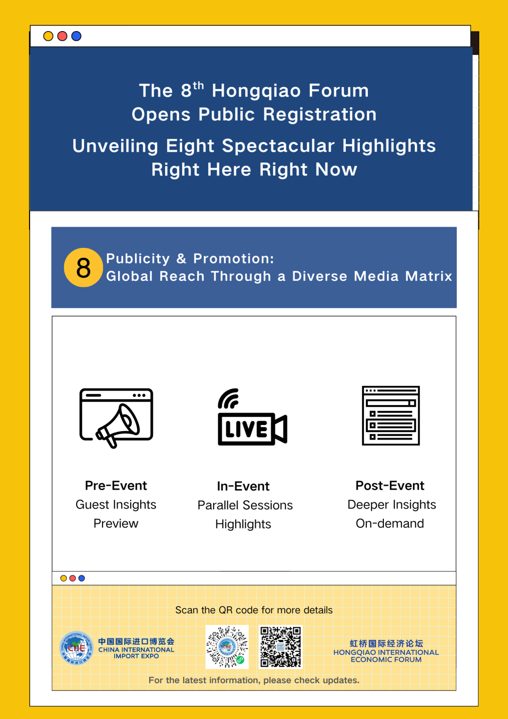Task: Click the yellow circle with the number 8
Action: coord(83,267)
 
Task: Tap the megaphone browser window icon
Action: coord(116,418)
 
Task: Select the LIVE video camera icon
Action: coord(253,416)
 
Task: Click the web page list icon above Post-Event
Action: coord(390,415)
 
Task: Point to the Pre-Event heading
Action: coord(116,485)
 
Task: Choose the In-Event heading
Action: coord(243,486)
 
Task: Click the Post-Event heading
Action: coord(390,485)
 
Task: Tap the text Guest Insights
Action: coord(116,504)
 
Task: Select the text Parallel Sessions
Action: coord(245,505)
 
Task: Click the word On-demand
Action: coord(390,524)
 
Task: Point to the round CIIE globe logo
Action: coord(76,648)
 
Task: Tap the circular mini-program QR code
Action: coord(227,647)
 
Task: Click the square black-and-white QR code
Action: coord(280,647)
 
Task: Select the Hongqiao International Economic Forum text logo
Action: coord(386,651)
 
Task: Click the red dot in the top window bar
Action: coord(62,36)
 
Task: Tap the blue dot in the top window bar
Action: coord(76,36)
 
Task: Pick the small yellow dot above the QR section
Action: coord(63,578)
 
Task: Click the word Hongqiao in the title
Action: coord(256,91)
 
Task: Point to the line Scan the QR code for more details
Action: coord(254,610)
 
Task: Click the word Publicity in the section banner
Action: coord(138,259)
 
